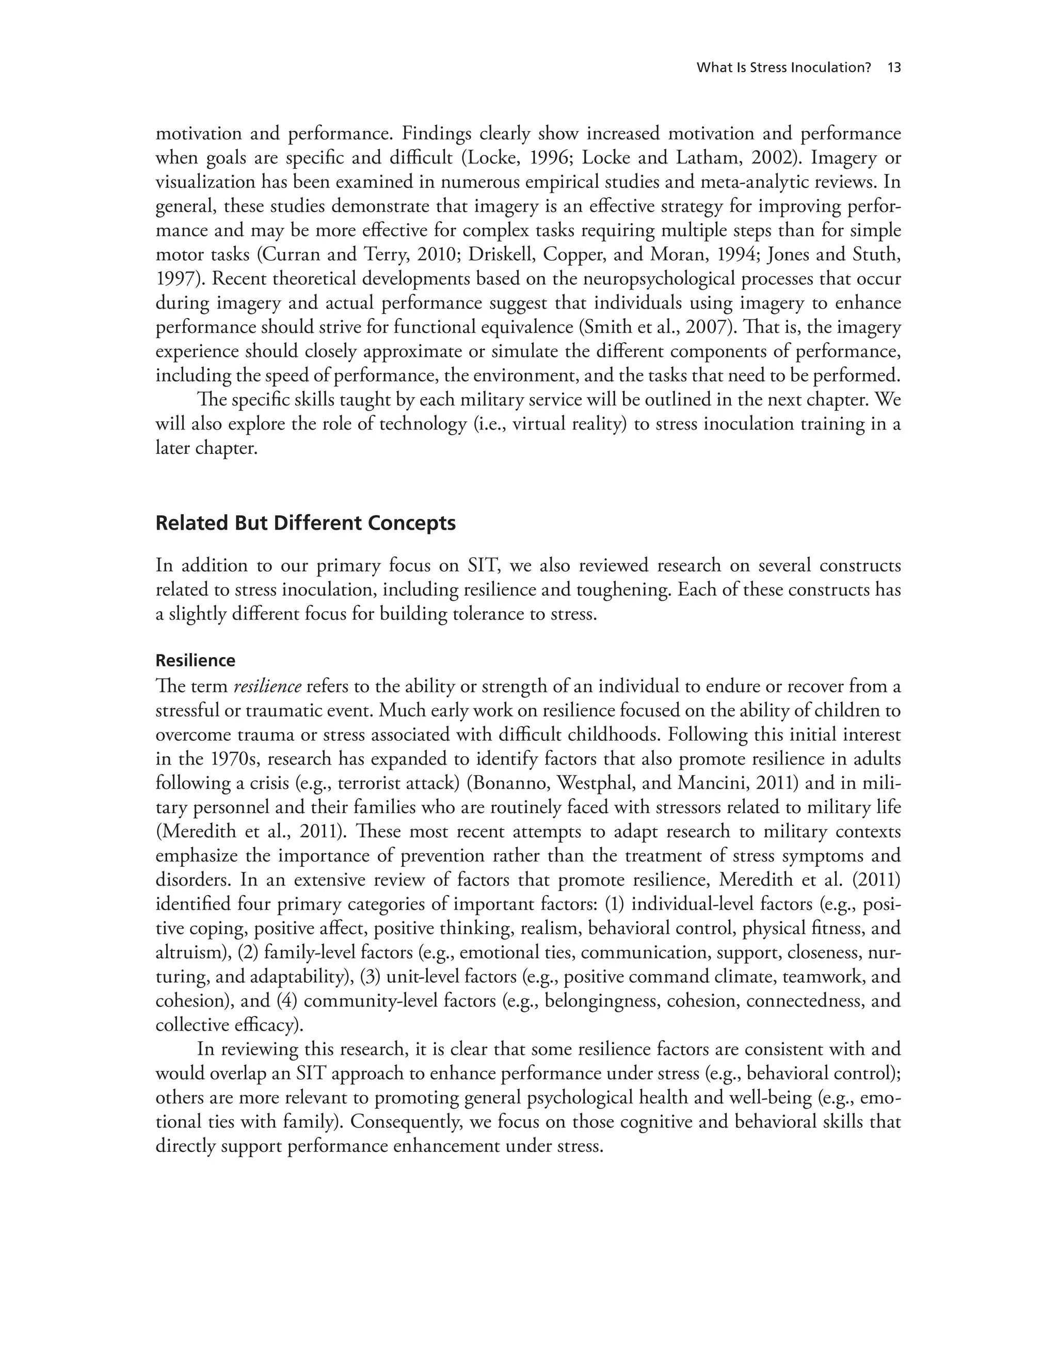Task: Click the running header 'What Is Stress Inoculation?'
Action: pos(783,68)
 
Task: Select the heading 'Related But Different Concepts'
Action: pos(305,523)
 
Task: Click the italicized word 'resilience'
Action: pos(267,687)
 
